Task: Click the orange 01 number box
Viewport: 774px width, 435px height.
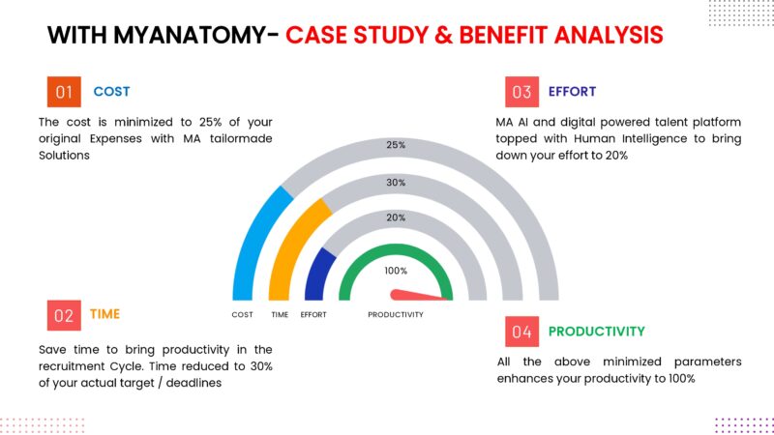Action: click(x=64, y=92)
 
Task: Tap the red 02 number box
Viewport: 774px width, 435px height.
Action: click(x=64, y=315)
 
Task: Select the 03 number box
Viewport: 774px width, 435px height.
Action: click(x=521, y=92)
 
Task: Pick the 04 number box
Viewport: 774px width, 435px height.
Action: click(x=521, y=332)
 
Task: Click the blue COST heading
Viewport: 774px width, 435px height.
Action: click(x=111, y=92)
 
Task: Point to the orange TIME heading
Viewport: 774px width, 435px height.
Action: click(x=105, y=314)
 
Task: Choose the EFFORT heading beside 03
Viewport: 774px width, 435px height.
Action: click(x=572, y=92)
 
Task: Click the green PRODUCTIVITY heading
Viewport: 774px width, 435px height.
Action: click(x=596, y=332)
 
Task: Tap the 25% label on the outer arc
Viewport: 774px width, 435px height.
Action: click(x=396, y=145)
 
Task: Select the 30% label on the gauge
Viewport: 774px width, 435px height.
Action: click(x=396, y=182)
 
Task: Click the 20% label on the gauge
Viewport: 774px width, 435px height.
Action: click(x=396, y=217)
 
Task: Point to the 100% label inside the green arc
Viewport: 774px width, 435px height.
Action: click(x=396, y=271)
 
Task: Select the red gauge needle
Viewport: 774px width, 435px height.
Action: click(x=416, y=294)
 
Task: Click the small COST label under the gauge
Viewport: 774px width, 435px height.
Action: click(x=243, y=315)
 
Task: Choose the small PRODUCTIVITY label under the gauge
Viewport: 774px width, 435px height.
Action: click(x=396, y=315)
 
